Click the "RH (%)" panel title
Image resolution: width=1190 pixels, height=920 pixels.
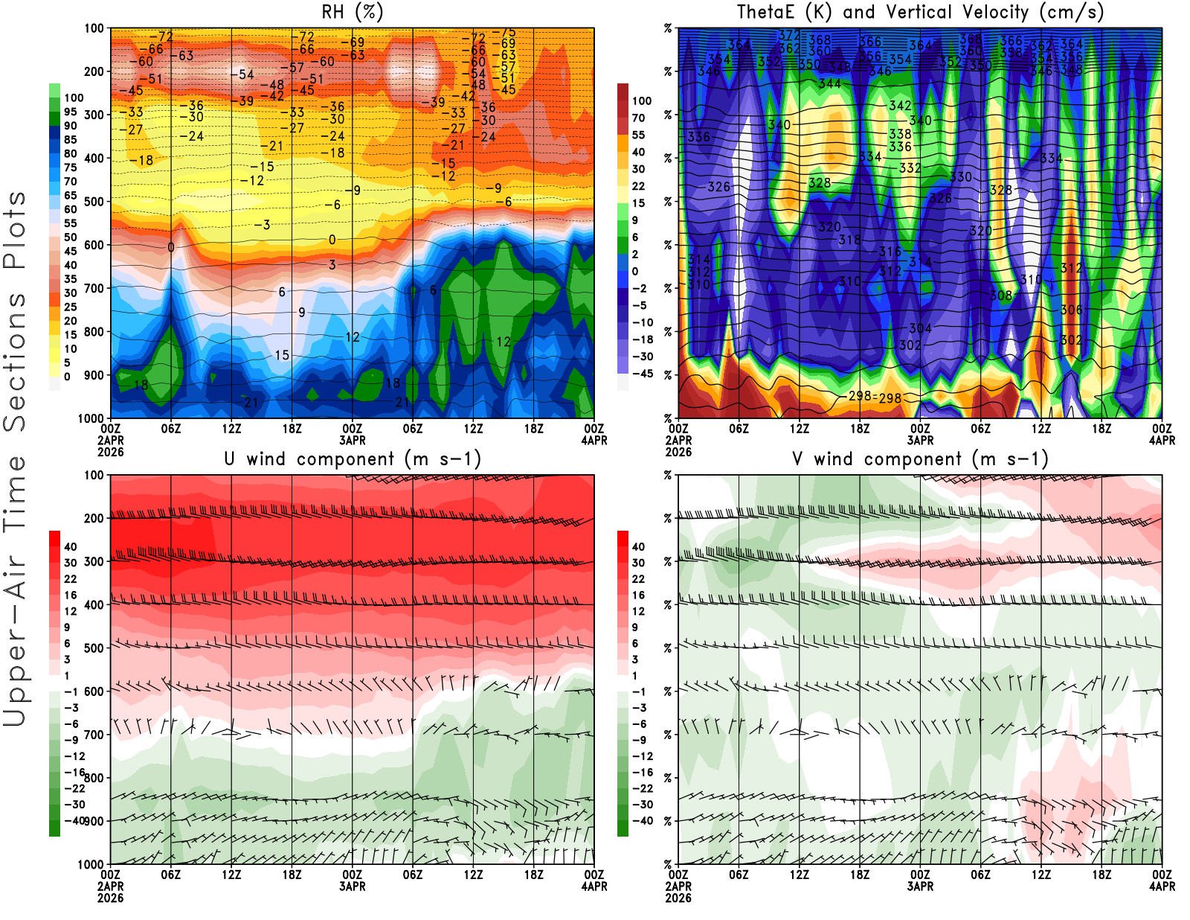click(x=352, y=12)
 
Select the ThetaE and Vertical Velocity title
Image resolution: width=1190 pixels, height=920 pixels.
click(x=920, y=12)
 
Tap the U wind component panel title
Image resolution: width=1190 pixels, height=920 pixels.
click(x=352, y=459)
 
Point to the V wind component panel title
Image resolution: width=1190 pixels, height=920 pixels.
click(x=920, y=459)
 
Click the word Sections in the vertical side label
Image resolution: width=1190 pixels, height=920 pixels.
click(x=15, y=362)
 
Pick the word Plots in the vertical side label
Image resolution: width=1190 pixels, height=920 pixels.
click(x=15, y=231)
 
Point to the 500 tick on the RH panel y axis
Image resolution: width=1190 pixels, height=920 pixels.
click(x=94, y=202)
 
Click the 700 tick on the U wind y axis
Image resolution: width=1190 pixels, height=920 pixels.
click(x=94, y=735)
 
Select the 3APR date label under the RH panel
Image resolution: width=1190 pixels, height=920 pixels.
click(x=352, y=440)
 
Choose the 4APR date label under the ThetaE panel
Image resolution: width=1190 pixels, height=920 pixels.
click(x=1162, y=440)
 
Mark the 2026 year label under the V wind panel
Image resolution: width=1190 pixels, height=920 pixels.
click(x=678, y=898)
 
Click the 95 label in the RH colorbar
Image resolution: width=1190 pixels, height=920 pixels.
click(x=70, y=112)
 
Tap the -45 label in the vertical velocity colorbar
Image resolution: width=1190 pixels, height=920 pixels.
click(x=642, y=374)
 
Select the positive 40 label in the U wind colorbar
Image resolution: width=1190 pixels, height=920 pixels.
click(x=70, y=546)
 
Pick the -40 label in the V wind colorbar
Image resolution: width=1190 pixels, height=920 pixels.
click(x=642, y=821)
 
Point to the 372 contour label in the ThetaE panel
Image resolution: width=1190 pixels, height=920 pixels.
click(x=789, y=36)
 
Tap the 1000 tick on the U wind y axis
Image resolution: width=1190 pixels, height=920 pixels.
click(x=91, y=864)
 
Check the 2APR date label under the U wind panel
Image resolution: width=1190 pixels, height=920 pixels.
click(x=110, y=887)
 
